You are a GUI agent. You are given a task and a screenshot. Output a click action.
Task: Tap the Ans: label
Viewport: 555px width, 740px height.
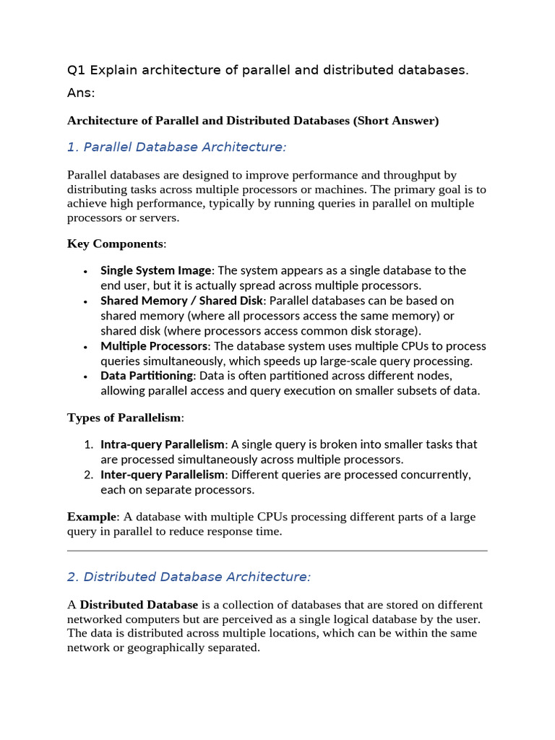(x=81, y=93)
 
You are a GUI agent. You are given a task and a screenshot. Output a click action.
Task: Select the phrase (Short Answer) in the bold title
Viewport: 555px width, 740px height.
(x=396, y=121)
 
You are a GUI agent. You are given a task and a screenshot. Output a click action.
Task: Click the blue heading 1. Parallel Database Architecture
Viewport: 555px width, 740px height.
(x=176, y=147)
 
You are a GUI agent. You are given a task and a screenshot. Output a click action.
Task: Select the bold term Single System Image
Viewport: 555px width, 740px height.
(x=156, y=270)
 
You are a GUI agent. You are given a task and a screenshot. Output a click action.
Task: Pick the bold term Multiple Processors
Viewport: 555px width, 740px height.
(x=154, y=346)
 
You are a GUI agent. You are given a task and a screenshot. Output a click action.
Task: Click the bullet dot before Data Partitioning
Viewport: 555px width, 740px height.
(x=85, y=377)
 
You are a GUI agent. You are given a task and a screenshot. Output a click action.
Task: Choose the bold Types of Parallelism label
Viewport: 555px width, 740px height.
(x=125, y=418)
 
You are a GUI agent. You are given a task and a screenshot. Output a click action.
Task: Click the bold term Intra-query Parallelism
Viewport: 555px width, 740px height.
(x=163, y=444)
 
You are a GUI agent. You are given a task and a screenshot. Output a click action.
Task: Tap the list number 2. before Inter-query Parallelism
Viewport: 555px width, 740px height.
(x=88, y=475)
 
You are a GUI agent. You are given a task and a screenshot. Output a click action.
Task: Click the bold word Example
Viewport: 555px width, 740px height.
(x=92, y=517)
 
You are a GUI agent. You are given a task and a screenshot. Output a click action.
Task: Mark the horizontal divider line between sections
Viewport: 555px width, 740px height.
(x=277, y=551)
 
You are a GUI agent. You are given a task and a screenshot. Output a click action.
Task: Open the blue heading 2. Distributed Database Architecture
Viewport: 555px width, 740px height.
(x=189, y=577)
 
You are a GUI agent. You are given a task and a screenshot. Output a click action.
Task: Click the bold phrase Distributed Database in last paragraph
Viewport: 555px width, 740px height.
(x=139, y=605)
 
